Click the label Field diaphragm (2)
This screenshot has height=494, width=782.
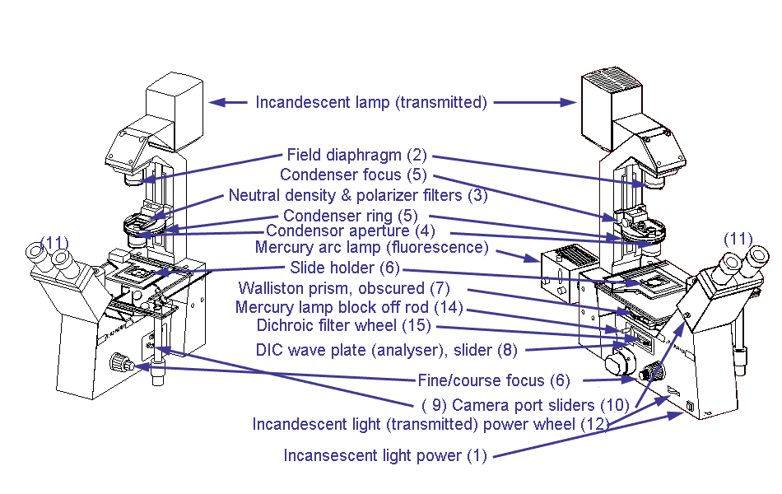click(356, 155)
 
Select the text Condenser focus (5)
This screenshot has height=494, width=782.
click(352, 175)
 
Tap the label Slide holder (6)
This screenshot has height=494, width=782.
click(346, 268)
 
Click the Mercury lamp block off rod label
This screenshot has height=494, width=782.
click(349, 307)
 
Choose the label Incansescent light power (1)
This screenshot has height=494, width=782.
click(385, 455)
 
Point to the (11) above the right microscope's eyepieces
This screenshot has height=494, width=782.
click(738, 239)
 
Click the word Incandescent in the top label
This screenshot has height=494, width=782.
click(294, 103)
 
